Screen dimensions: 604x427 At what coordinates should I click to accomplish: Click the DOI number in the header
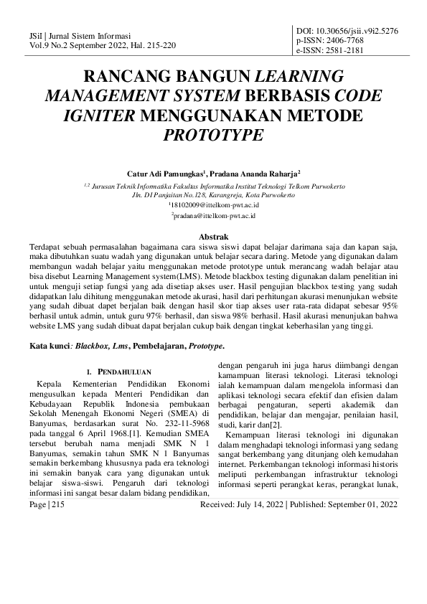click(x=356, y=32)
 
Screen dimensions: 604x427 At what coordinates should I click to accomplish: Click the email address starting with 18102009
click(x=212, y=204)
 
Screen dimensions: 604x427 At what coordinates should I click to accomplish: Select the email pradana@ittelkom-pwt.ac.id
click(x=214, y=215)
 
